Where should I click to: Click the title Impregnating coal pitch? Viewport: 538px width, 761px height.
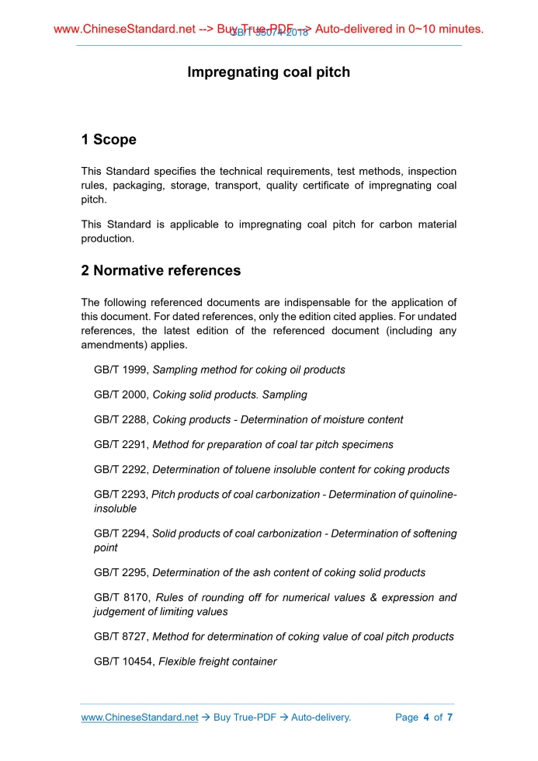pos(269,72)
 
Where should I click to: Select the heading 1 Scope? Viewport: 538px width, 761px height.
pos(109,140)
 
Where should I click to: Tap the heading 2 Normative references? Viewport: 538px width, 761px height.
pos(161,271)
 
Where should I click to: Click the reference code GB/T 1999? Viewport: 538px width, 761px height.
pos(120,370)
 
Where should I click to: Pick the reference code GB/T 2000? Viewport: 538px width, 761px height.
pos(120,395)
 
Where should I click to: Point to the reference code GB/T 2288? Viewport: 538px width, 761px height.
pos(120,420)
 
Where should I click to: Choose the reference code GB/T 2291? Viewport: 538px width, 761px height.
pos(120,445)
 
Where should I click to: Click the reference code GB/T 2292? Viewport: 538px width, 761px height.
pos(120,470)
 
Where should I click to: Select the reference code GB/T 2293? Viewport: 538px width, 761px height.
pos(120,495)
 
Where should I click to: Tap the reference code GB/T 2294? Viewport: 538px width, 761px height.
pos(120,534)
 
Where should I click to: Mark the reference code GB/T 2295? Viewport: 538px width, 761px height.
pos(120,573)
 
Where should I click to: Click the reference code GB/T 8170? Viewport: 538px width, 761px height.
pos(120,598)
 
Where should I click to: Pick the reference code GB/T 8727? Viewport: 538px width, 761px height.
pos(120,637)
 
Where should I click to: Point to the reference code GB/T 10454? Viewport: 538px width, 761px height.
pos(123,662)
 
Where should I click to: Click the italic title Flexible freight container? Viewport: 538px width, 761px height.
pos(217,662)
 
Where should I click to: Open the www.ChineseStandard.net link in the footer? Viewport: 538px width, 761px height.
pos(140,718)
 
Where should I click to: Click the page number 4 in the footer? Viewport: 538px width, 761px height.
pos(426,718)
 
